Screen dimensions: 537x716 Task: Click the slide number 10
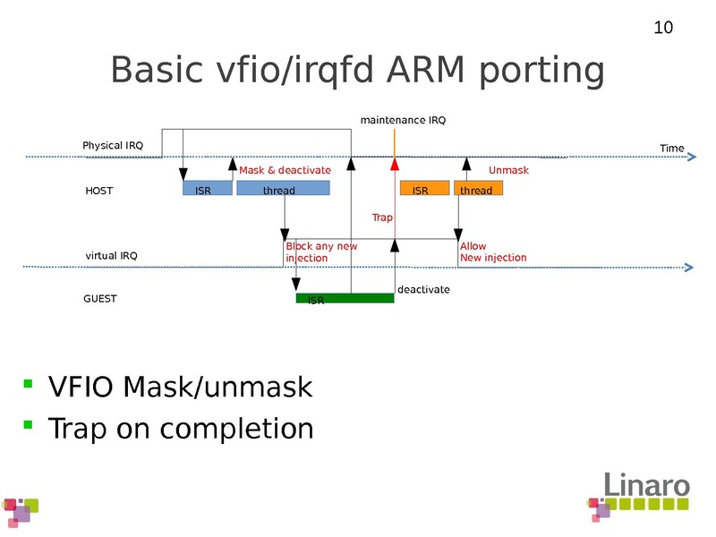click(x=663, y=28)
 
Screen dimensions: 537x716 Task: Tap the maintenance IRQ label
click(x=403, y=120)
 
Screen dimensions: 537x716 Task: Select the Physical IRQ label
click(x=113, y=145)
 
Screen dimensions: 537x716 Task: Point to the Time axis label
click(x=671, y=148)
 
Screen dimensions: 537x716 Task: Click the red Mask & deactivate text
click(x=285, y=170)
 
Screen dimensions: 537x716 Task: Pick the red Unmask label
click(x=508, y=170)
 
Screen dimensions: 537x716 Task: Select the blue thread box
click(x=283, y=189)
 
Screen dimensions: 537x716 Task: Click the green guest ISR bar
click(x=345, y=298)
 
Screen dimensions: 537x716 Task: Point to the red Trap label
click(x=382, y=217)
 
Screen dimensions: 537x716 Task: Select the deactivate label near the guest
click(x=423, y=290)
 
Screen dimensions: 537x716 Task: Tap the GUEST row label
click(x=100, y=299)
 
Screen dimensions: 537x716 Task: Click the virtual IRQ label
click(x=111, y=256)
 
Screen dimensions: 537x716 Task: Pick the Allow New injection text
click(x=492, y=251)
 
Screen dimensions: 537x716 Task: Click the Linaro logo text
click(x=646, y=484)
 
